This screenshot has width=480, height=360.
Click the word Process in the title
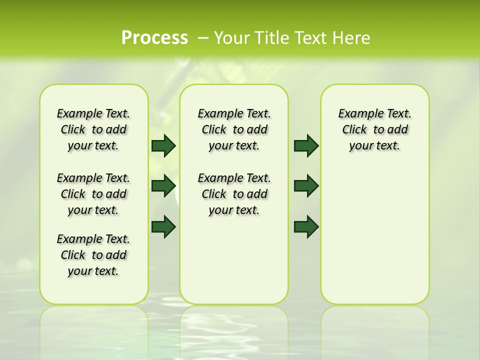click(154, 37)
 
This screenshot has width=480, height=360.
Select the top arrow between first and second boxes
click(163, 145)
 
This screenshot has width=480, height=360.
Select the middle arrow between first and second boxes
click(163, 186)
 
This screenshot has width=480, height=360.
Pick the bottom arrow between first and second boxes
click(163, 226)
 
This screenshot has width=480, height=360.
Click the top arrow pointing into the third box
click(306, 145)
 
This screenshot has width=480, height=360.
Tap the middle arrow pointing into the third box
click(306, 186)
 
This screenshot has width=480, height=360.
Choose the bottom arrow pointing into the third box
click(306, 226)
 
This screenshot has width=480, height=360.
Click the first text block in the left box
click(93, 129)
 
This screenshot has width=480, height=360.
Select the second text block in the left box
click(93, 194)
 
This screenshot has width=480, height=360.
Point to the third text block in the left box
click(93, 255)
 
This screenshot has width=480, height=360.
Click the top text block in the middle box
click(234, 129)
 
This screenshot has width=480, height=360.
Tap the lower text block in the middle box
click(234, 194)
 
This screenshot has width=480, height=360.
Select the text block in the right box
click(374, 129)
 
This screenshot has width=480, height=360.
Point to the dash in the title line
click(203, 37)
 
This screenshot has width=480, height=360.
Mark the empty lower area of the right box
click(374, 235)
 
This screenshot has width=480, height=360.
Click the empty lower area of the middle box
click(234, 260)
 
